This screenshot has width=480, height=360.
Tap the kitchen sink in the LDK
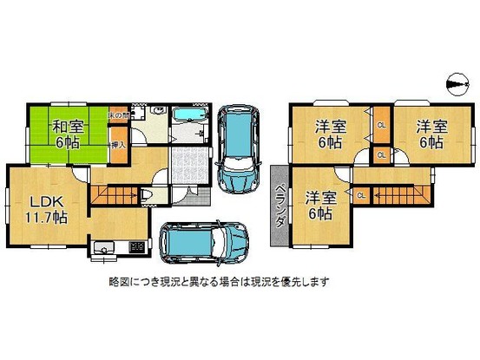[105, 249]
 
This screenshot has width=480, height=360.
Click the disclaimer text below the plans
[218, 282]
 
